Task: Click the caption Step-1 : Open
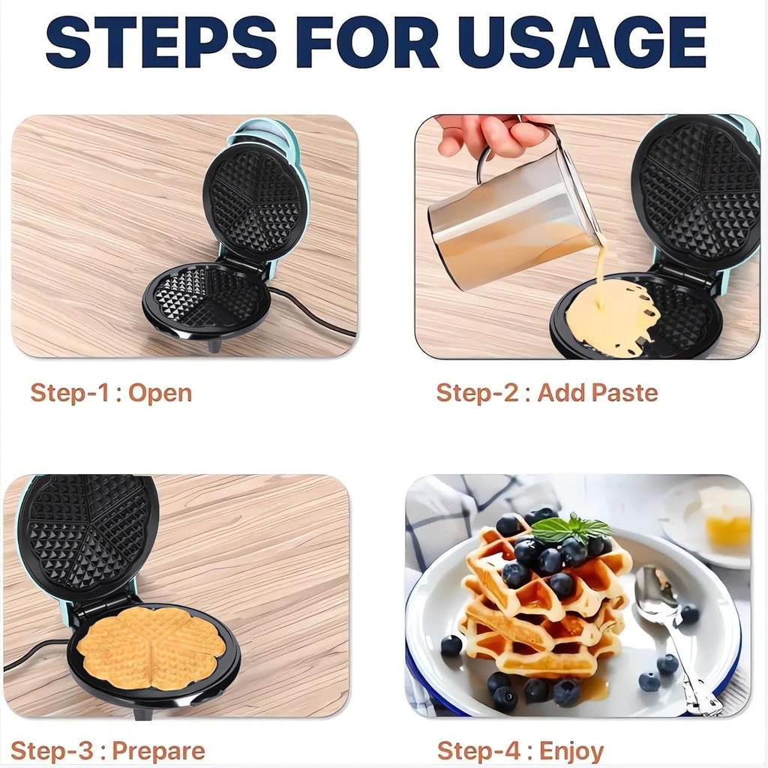(111, 393)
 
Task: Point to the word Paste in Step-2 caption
(624, 392)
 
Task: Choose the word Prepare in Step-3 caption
(158, 751)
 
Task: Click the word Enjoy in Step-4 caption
(571, 751)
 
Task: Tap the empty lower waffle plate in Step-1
(207, 300)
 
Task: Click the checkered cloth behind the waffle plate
(450, 517)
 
